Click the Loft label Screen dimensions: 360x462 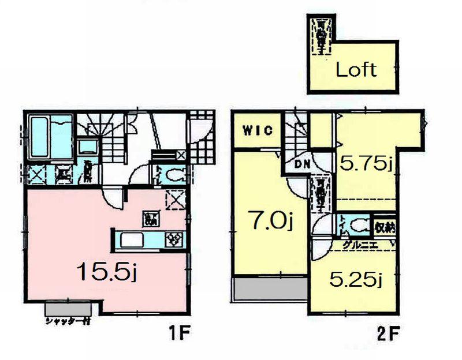[x=356, y=70]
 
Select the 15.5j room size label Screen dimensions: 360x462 [x=106, y=271]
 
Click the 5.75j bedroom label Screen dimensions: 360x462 [x=366, y=164]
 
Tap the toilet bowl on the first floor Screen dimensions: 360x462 [x=173, y=173]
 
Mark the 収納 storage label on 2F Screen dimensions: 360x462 [x=385, y=226]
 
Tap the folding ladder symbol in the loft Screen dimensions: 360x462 [x=320, y=35]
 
